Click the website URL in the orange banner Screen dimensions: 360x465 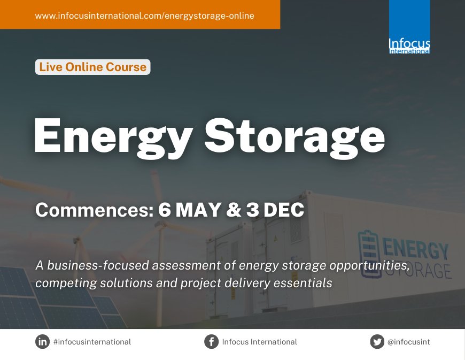pos(144,16)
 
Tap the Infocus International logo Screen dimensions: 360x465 pos(409,27)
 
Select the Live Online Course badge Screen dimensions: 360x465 pos(92,67)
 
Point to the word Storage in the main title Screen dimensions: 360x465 pos(294,135)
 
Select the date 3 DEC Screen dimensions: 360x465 pos(275,210)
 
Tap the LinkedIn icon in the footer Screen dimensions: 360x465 pos(42,341)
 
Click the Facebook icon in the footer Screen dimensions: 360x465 pos(211,341)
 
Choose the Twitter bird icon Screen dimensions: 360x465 pos(377,341)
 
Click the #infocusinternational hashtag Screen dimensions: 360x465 pos(92,342)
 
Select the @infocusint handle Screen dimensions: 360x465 pos(408,342)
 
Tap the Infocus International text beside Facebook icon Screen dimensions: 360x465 pos(259,342)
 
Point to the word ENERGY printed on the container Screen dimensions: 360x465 pos(416,249)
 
